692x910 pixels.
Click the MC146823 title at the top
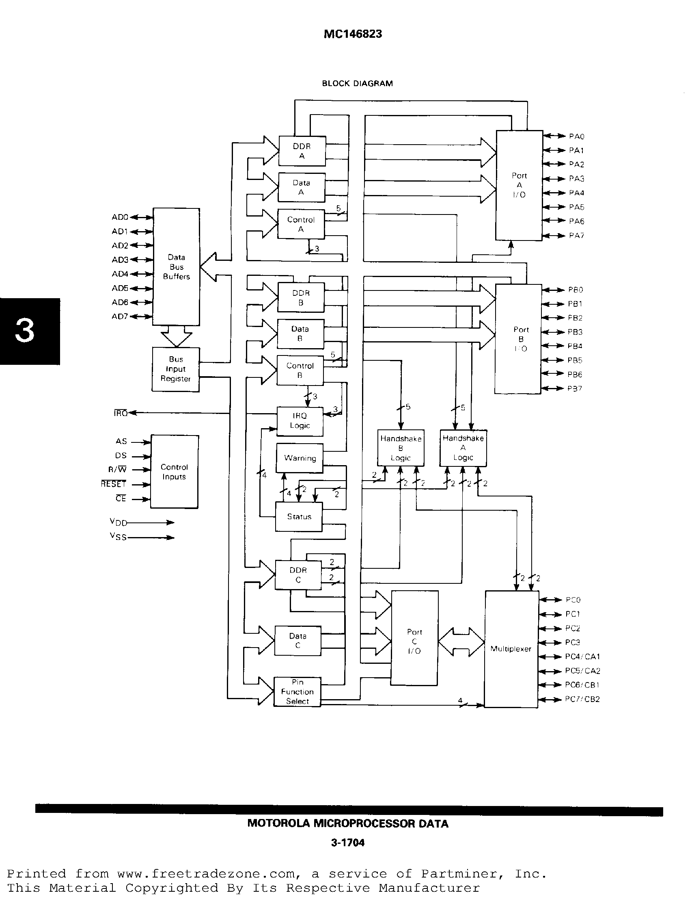click(353, 34)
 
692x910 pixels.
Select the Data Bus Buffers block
click(176, 267)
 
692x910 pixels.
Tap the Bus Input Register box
click(175, 369)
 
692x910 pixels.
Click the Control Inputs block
click(174, 472)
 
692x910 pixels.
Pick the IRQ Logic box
click(300, 421)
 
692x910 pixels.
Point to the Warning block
click(300, 458)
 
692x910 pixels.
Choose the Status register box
click(299, 517)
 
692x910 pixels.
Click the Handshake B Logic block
click(401, 448)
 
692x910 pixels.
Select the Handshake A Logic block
click(463, 448)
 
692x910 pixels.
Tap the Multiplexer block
click(511, 649)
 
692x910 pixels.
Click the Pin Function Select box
click(297, 692)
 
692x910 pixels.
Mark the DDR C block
click(298, 575)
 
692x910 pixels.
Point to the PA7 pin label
click(576, 236)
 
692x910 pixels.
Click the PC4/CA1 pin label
click(582, 656)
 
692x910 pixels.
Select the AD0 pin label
click(120, 217)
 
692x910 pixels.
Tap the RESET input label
click(113, 484)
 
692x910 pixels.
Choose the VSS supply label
click(118, 537)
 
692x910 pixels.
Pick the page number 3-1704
click(348, 843)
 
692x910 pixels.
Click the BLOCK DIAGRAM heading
click(357, 83)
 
